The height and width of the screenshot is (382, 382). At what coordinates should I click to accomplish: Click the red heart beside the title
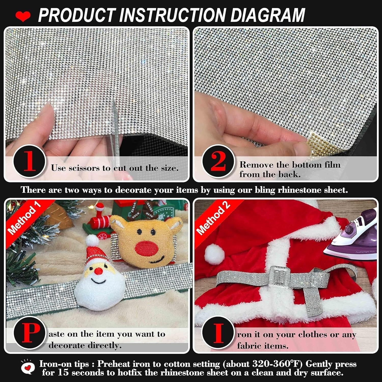[23, 16]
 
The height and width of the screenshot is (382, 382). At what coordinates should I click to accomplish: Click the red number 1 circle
[30, 161]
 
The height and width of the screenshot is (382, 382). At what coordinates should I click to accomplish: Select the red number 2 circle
[218, 161]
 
